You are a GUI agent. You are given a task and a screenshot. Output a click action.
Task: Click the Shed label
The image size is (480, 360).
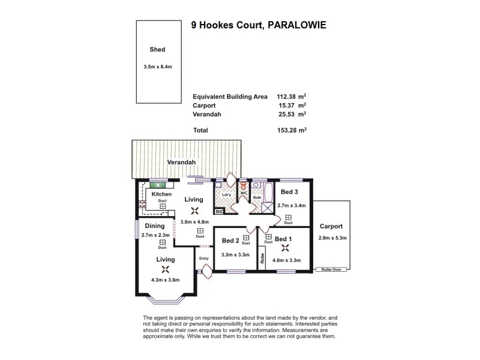[157, 50]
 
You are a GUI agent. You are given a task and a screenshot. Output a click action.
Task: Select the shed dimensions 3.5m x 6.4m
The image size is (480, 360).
[157, 66]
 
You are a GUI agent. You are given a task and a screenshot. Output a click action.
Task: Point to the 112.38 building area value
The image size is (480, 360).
[288, 96]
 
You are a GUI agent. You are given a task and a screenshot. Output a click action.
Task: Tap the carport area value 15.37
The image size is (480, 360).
[288, 104]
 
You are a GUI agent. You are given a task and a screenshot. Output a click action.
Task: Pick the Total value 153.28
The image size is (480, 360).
[288, 130]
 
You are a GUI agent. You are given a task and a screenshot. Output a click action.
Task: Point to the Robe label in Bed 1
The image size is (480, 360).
[263, 258]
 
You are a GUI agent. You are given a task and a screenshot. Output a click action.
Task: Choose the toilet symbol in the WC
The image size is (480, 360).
[244, 187]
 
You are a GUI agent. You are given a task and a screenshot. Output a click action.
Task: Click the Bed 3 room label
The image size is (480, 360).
[289, 192]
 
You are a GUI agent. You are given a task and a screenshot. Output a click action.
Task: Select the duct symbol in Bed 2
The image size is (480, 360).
[246, 238]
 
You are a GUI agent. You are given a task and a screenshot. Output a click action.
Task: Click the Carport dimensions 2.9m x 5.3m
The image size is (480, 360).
[332, 238]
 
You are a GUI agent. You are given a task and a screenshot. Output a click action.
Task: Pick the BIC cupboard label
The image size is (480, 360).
[219, 212]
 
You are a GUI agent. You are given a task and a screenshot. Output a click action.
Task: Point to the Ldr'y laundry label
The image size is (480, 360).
[226, 195]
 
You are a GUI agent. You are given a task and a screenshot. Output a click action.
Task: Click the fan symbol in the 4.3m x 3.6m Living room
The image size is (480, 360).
[166, 269]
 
